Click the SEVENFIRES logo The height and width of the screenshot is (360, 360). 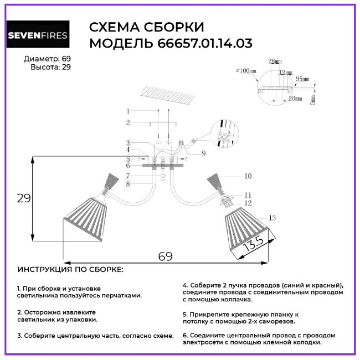tap(38, 36)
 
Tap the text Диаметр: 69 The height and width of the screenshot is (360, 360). tap(48, 59)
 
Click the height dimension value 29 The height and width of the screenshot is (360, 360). tap(23, 198)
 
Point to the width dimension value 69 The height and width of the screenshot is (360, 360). tap(165, 256)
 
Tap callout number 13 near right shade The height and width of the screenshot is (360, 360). tap(271, 218)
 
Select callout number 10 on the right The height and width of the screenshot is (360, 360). tap(248, 176)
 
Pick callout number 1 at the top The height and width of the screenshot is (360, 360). tap(127, 111)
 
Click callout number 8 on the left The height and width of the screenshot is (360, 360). tap(127, 183)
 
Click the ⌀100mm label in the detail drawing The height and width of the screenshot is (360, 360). tap(245, 71)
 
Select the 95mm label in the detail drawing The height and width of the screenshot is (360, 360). tap(302, 79)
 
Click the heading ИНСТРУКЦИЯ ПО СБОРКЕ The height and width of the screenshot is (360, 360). tap(71, 270)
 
